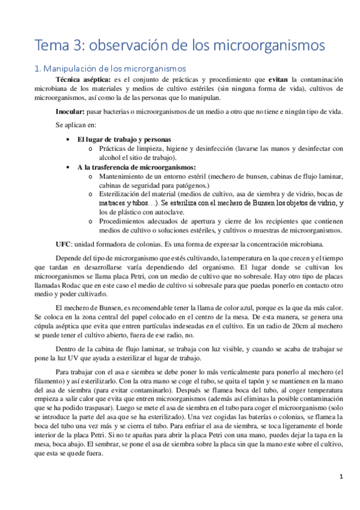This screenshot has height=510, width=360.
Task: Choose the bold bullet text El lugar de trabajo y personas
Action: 124,139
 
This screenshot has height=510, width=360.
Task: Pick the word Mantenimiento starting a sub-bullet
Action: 124,176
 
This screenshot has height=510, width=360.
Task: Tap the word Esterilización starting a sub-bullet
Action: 121,194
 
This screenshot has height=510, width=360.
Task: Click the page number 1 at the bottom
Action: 341,478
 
